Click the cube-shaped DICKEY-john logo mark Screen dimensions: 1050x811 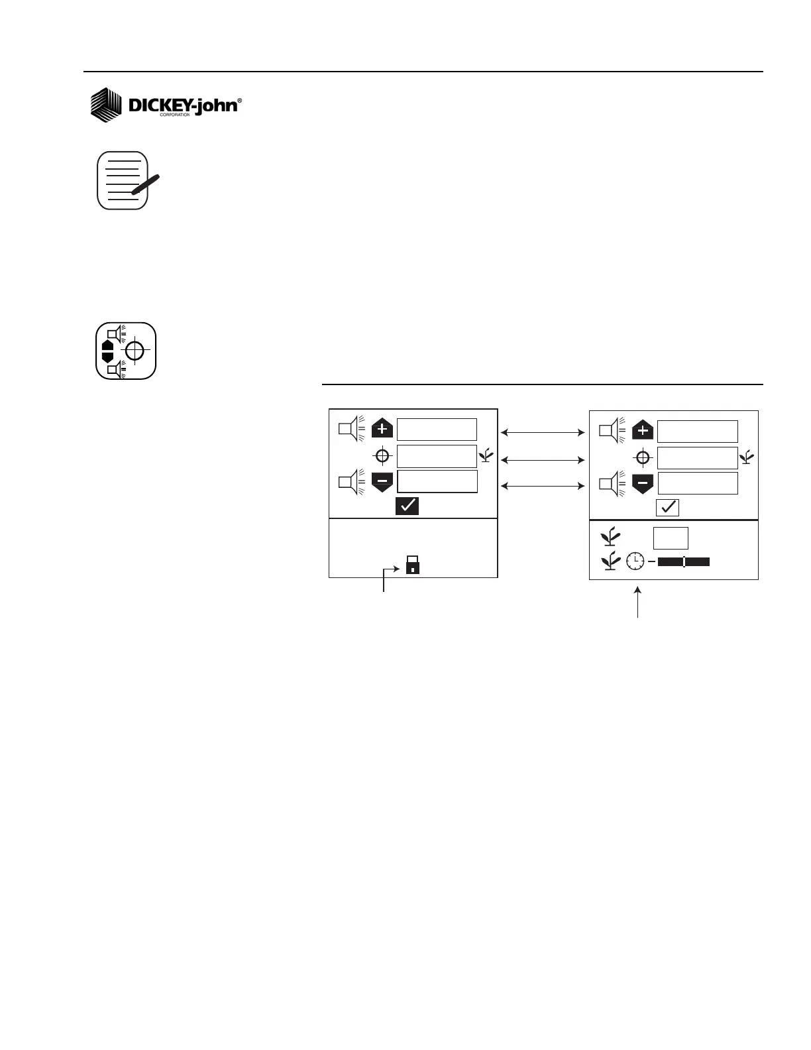[x=106, y=105]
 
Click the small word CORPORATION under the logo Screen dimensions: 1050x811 [x=175, y=115]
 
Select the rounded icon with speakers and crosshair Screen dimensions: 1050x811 [x=126, y=351]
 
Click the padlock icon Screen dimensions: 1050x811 [x=412, y=565]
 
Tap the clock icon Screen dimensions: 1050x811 [x=635, y=561]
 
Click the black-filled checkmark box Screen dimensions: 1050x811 [x=407, y=506]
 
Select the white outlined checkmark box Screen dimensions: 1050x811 [x=667, y=508]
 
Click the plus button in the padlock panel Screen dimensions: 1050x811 [x=382, y=429]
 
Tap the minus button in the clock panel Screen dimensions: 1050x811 [x=643, y=483]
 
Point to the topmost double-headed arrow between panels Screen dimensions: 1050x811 [x=543, y=433]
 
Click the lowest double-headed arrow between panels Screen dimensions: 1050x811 [x=543, y=486]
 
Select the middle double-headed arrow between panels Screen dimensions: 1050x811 [x=543, y=459]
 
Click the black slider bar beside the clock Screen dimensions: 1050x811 [x=684, y=562]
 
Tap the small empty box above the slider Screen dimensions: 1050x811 [x=671, y=538]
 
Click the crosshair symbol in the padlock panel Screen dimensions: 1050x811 [x=382, y=456]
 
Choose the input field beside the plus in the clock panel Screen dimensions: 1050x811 [x=697, y=431]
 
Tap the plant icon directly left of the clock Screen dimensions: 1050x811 [x=610, y=561]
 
